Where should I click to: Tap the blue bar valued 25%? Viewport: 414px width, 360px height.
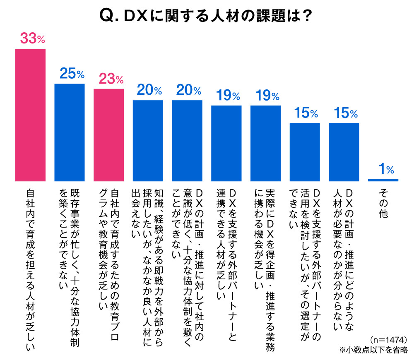(70, 132)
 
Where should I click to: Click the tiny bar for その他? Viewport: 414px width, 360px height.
(383, 180)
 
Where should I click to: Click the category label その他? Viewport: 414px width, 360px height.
(383, 203)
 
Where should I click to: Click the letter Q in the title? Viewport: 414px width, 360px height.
(108, 17)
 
